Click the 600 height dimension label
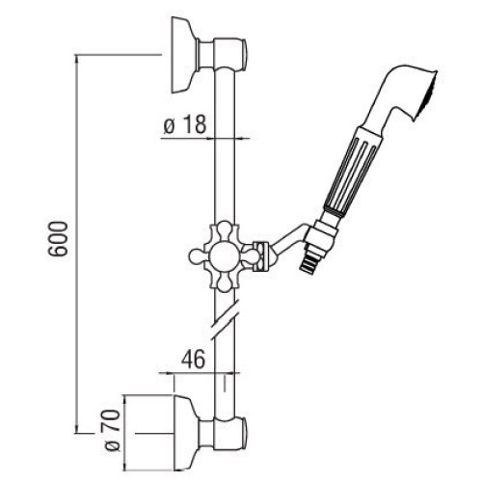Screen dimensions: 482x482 58,239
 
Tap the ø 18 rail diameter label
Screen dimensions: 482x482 185,124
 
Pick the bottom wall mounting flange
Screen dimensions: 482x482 185,433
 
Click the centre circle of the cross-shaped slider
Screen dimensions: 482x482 225,256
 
